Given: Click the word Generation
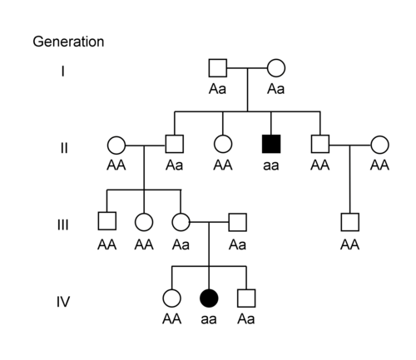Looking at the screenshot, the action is click(68, 42).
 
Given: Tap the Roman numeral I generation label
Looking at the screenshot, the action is click(63, 72).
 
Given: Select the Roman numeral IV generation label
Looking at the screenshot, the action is click(63, 302).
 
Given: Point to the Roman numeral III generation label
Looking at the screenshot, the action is click(63, 224).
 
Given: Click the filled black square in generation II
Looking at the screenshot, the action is click(271, 144).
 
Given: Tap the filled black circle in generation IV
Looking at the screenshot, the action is click(209, 298).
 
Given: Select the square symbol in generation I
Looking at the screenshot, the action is click(218, 68).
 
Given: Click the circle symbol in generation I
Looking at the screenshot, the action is click(276, 68).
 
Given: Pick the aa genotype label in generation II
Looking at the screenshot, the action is click(271, 165).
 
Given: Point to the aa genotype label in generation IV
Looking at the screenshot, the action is click(209, 319).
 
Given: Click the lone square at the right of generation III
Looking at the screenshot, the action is click(349, 222).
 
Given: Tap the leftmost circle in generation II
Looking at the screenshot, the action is click(116, 145).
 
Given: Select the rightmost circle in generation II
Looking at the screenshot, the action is click(379, 145).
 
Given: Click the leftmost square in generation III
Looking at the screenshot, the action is click(107, 221).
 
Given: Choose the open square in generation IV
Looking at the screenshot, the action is click(246, 298).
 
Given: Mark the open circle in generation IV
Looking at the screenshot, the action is click(171, 298).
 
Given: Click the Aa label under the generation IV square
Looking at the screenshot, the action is click(246, 318).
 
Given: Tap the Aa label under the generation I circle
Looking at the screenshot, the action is click(276, 89).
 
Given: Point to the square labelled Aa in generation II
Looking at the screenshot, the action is click(175, 144).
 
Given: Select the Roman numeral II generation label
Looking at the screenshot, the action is click(64, 148).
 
